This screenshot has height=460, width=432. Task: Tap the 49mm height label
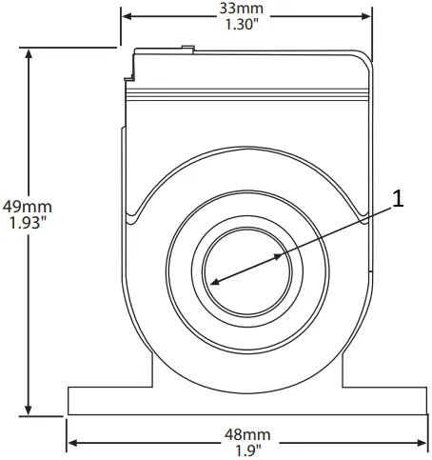click(x=27, y=206)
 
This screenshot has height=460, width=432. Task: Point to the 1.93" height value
click(x=27, y=223)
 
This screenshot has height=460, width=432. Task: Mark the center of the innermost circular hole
click(x=247, y=270)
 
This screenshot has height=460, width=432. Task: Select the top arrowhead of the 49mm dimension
click(x=30, y=53)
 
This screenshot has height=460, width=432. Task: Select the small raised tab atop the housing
click(x=187, y=46)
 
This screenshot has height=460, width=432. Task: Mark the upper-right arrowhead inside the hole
click(x=280, y=255)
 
